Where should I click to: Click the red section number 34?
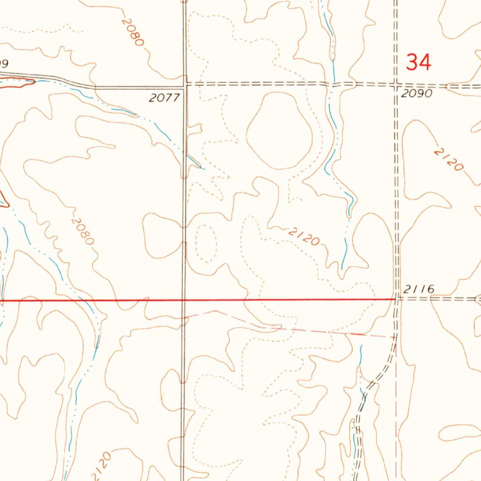click(418, 62)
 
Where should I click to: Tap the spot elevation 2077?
click(164, 98)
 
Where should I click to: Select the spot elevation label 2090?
click(416, 93)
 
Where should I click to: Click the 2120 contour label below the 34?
click(449, 160)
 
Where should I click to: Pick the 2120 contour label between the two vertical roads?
click(304, 236)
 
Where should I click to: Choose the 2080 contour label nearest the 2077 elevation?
click(132, 32)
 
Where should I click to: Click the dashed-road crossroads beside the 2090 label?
click(396, 85)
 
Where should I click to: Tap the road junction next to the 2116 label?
click(397, 298)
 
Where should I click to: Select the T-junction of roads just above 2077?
click(185, 86)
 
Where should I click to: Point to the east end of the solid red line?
click(395, 299)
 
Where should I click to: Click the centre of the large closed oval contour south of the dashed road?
click(279, 131)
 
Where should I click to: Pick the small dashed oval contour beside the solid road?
click(205, 243)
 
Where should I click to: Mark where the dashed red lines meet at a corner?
click(396, 337)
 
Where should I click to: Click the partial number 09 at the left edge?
click(4, 63)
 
